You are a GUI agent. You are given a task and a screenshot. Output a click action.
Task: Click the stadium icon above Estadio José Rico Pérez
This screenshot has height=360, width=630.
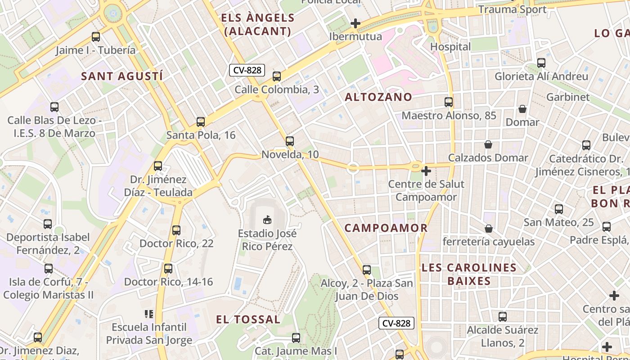click(x=267, y=220)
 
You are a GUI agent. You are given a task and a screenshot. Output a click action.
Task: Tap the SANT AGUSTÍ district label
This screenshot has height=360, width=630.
click(x=122, y=76)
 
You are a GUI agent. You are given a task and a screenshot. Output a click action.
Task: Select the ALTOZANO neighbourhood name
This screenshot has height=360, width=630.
click(x=378, y=97)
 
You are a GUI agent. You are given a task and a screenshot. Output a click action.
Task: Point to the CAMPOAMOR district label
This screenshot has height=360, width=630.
click(x=386, y=228)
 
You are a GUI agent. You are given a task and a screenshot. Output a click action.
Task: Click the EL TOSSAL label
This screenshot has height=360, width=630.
click(x=248, y=319)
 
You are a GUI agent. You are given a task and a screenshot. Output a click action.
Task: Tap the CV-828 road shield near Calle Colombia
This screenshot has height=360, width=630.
click(x=247, y=70)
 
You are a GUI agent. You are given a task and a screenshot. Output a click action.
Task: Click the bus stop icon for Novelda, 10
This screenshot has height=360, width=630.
click(x=290, y=141)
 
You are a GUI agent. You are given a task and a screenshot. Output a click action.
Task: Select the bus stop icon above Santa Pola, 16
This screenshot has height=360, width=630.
click(x=201, y=121)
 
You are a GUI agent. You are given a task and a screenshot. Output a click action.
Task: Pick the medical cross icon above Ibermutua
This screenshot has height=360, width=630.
click(x=355, y=23)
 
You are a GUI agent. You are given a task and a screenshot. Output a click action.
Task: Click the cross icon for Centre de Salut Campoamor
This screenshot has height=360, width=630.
click(x=426, y=171)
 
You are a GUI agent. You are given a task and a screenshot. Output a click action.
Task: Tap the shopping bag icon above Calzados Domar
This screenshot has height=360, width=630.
click(x=488, y=144)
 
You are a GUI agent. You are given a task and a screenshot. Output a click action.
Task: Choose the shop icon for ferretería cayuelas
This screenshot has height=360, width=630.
click(x=489, y=229)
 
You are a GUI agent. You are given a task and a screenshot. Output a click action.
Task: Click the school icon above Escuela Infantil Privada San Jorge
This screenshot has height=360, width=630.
click(x=149, y=314)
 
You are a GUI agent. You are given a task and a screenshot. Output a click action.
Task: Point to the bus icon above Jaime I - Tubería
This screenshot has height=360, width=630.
click(x=95, y=37)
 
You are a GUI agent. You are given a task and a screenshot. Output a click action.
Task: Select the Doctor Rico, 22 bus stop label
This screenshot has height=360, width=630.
click(x=176, y=243)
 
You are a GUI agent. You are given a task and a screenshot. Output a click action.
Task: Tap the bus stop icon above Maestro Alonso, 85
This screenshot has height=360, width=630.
click(x=449, y=102)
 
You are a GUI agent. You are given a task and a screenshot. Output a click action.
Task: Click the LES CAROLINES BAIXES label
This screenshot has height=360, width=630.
click(x=469, y=274)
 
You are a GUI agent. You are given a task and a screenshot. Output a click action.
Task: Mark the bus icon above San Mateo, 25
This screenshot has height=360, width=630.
click(x=558, y=209)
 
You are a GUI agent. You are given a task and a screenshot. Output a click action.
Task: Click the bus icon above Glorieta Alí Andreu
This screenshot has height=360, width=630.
click(x=541, y=63)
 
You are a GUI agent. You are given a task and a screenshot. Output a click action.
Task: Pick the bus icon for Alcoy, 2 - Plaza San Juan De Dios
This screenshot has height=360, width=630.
click(x=367, y=270)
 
